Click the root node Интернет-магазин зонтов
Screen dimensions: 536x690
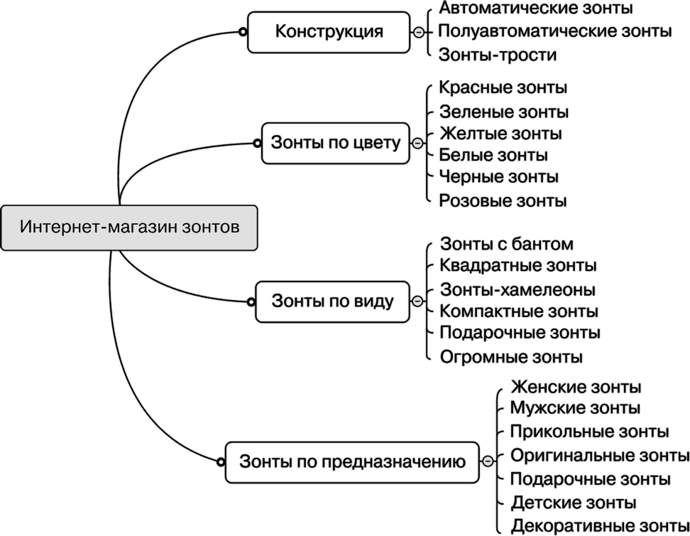129,228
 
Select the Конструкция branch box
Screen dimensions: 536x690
329,32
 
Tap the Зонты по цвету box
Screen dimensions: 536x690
336,144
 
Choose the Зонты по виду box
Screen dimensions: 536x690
332,301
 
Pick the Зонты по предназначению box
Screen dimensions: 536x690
352,463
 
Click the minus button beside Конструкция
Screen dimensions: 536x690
419,32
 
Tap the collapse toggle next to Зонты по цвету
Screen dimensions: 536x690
417,144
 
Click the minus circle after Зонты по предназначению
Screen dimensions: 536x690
488,462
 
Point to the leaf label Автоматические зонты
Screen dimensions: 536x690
535,9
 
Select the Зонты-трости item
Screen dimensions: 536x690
497,55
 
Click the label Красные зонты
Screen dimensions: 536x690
503,88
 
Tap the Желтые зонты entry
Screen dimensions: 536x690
500,134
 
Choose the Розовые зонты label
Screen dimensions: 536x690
503,200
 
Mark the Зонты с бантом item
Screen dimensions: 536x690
506,245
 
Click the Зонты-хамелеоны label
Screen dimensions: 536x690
517,290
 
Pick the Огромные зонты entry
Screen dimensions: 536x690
511,356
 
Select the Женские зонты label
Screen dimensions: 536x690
576,387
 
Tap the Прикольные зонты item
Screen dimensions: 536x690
589,432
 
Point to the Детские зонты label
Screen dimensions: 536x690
574,503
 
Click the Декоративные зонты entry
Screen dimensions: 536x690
599,527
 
